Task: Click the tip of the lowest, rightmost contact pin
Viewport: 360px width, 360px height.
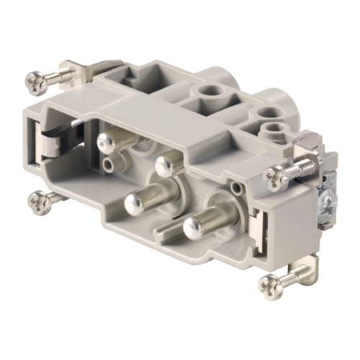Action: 192,228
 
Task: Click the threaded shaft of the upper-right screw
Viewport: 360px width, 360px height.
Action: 296,165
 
